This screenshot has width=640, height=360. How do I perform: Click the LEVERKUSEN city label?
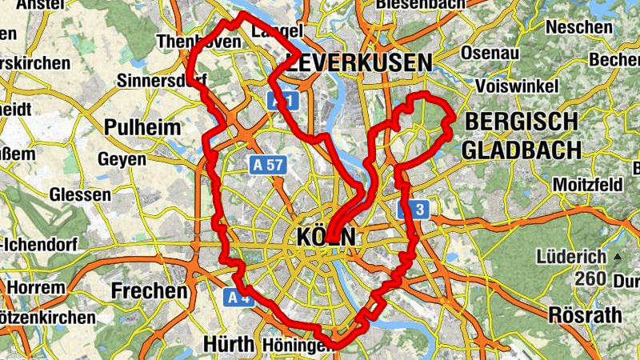point(362,63)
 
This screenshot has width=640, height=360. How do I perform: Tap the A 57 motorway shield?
point(267,165)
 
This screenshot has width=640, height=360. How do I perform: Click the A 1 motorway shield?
point(279,100)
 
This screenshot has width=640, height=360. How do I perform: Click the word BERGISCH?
point(521,122)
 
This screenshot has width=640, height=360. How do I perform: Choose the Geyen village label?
point(122,159)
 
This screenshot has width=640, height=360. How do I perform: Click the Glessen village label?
point(80,194)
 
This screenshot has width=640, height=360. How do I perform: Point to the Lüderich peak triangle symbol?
point(617,257)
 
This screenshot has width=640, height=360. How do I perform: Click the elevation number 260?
point(591,279)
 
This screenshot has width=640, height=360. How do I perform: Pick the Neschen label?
point(579,27)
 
